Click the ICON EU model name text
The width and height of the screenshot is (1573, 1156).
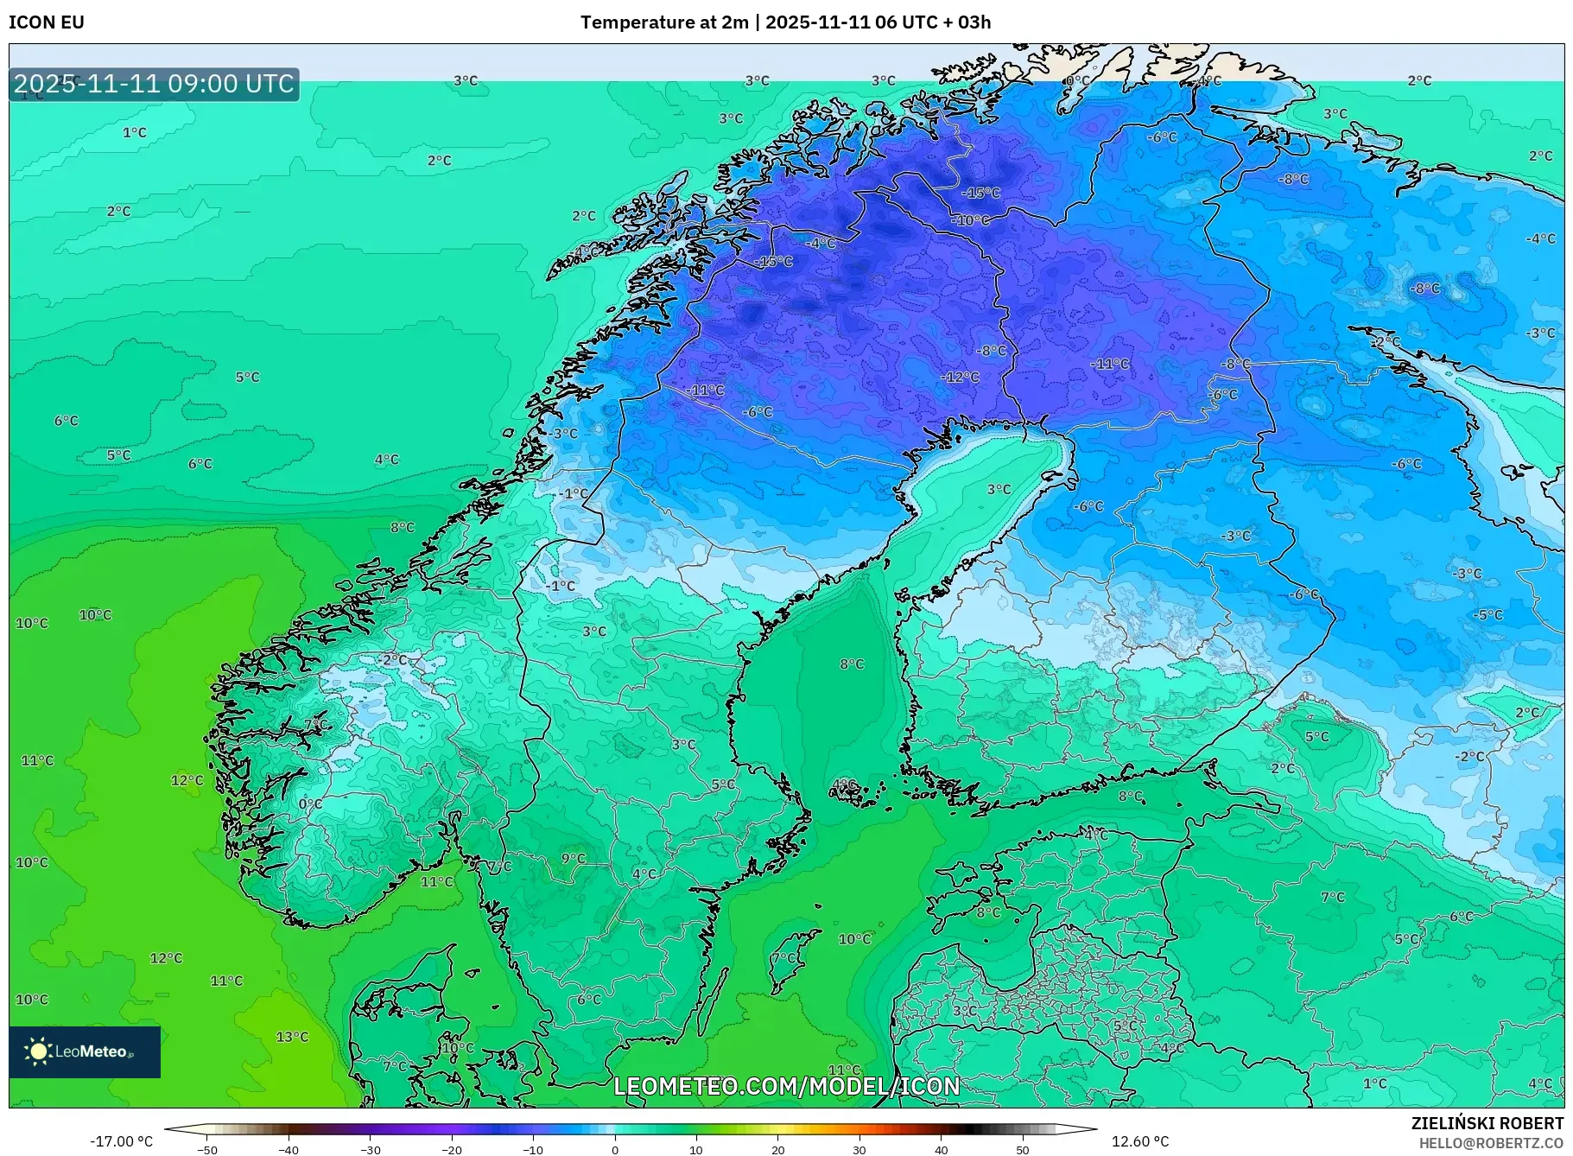point(47,22)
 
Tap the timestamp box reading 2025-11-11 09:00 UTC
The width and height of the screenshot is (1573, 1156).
point(154,84)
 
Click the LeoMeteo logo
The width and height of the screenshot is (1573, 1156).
point(85,1051)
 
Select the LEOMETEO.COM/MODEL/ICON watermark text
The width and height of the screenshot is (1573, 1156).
point(786,1086)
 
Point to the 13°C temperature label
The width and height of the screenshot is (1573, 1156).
point(292,1037)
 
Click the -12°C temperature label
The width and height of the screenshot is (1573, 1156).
point(960,378)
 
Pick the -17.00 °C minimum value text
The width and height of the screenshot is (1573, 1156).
point(121,1141)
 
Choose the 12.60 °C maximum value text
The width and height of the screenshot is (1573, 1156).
point(1140,1141)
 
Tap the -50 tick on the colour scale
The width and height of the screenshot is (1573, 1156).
point(207,1150)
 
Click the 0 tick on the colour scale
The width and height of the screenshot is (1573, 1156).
point(615,1150)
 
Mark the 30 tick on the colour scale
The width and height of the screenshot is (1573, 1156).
point(859,1150)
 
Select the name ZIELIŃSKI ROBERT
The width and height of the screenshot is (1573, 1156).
point(1487,1123)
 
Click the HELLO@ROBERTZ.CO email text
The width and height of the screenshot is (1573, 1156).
point(1491,1143)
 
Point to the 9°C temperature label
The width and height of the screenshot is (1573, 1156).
point(574,858)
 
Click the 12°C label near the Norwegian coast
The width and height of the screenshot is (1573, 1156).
point(187,780)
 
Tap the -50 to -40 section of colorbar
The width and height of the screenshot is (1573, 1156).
point(248,1129)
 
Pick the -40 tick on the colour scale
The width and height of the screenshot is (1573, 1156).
point(289,1150)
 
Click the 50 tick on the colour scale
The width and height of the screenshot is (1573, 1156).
point(1023,1150)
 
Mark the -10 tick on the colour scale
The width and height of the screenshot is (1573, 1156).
point(533,1150)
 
